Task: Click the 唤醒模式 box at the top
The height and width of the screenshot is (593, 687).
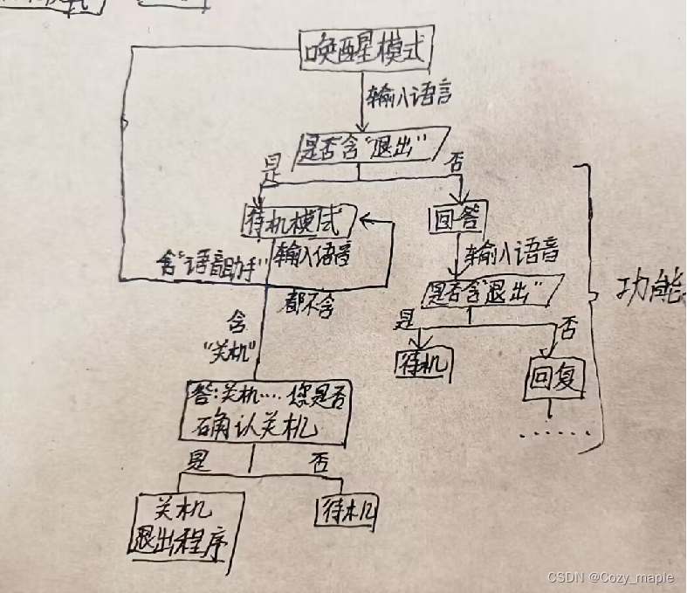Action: (366, 52)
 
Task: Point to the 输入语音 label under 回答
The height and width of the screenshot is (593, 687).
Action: (512, 256)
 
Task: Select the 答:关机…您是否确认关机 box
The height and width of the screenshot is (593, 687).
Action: (267, 413)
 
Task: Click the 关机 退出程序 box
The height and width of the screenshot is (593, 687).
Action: (187, 524)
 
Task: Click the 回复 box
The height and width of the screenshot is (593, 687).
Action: (554, 377)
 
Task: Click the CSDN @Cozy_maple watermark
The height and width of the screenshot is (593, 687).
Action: (616, 577)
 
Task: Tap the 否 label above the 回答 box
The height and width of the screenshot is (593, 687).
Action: (454, 162)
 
